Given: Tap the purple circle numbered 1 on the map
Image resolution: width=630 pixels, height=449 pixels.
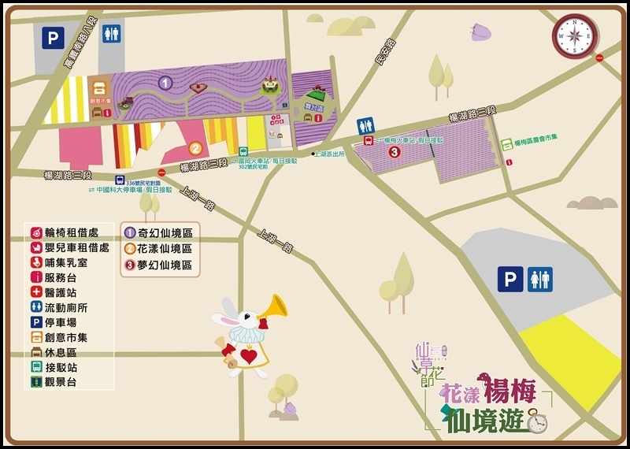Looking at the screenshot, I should [165, 82].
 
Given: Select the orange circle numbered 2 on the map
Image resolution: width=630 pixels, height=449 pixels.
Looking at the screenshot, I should [195, 147].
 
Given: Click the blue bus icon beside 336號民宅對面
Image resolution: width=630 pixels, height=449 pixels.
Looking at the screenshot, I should [120, 180].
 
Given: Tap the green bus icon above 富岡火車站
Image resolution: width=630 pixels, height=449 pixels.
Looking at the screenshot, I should [244, 152].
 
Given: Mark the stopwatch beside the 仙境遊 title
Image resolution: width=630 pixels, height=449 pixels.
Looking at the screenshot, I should [537, 423].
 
